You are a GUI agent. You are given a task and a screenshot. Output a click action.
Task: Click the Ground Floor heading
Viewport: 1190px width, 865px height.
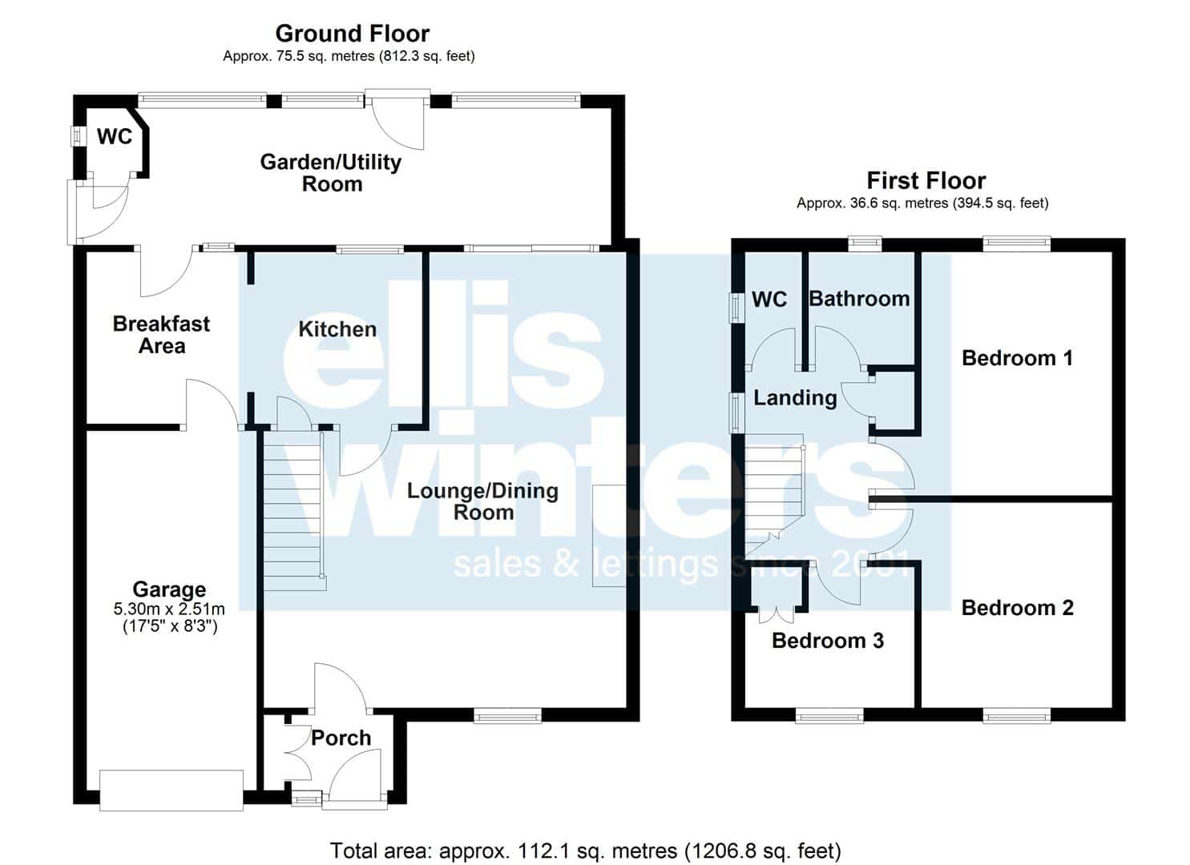(x=353, y=34)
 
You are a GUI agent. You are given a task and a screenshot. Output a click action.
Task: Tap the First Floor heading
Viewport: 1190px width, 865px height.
(x=926, y=181)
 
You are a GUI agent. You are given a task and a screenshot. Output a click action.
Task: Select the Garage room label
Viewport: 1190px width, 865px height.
(x=169, y=589)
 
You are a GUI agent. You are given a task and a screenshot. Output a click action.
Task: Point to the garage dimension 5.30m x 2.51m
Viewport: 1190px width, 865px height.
(x=169, y=609)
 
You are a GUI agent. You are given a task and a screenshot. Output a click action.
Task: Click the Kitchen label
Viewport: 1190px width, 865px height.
(x=337, y=329)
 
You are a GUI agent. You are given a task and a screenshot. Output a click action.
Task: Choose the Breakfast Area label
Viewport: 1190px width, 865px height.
(x=162, y=335)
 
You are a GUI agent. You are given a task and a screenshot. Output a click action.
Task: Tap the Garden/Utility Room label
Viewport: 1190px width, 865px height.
(x=331, y=173)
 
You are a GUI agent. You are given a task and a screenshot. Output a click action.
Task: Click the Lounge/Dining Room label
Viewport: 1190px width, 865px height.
(x=483, y=501)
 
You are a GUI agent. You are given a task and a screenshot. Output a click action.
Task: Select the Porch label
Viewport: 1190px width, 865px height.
(x=341, y=738)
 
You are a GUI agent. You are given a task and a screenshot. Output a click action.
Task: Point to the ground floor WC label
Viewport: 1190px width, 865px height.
(x=115, y=136)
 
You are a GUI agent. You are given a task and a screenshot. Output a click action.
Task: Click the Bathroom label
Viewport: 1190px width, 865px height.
(x=860, y=299)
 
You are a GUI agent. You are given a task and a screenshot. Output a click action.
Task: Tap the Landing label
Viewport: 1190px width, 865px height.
(x=795, y=398)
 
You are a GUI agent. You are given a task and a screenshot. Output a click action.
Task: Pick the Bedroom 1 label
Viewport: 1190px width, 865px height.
(x=1018, y=358)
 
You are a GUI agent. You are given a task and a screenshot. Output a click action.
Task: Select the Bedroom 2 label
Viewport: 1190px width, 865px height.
(x=1018, y=607)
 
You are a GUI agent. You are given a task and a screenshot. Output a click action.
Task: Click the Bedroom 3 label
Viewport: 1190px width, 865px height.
(x=828, y=641)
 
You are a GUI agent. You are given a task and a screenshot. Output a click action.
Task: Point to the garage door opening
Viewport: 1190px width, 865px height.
(x=171, y=791)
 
